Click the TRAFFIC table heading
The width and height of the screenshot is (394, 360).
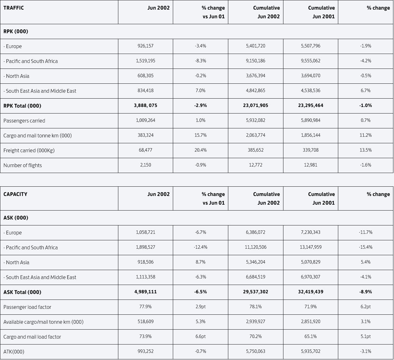click(x=14, y=8)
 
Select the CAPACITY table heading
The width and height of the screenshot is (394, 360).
click(x=15, y=194)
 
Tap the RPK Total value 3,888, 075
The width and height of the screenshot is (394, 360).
click(x=146, y=105)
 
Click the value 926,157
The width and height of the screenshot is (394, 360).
click(x=146, y=46)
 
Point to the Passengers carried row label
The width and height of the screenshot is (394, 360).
click(x=24, y=121)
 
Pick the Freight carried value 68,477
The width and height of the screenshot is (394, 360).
click(x=146, y=150)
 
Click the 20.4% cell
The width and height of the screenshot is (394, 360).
click(x=200, y=150)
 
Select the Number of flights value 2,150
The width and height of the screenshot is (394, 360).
click(x=146, y=165)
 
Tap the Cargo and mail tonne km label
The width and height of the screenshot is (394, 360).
click(x=37, y=136)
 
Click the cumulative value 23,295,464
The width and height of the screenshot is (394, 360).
click(x=311, y=105)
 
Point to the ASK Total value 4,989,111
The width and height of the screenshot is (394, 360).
click(x=146, y=291)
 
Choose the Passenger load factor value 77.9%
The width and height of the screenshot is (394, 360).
click(x=146, y=307)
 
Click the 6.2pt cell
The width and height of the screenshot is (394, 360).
click(x=366, y=307)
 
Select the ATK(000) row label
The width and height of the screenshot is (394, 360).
click(x=14, y=352)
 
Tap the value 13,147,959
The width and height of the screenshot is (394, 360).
click(x=311, y=247)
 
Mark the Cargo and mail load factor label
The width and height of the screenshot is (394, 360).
click(x=32, y=337)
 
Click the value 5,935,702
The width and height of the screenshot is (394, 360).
click(x=311, y=351)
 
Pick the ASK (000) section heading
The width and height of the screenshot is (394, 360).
click(x=16, y=218)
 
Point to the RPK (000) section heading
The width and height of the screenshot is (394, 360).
click(x=16, y=31)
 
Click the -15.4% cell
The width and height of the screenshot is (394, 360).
click(x=366, y=247)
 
